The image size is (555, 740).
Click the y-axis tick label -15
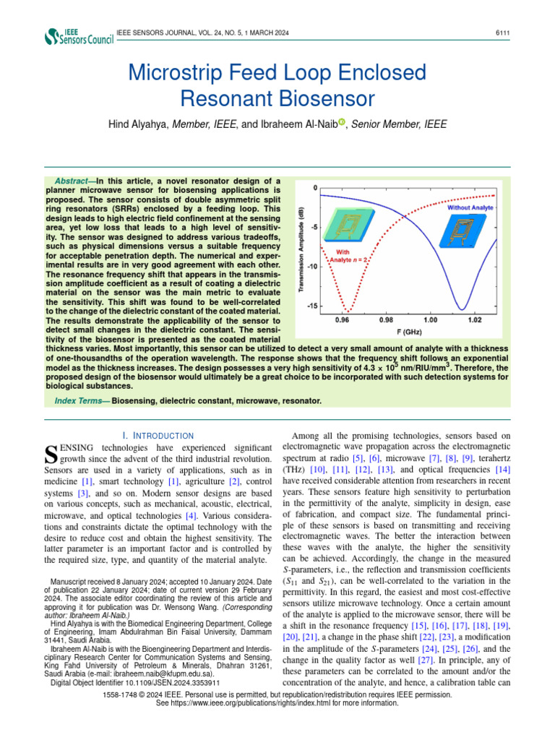(x=312, y=306)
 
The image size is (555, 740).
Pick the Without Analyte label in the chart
(x=470, y=207)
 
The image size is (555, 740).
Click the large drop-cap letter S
(x=51, y=454)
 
